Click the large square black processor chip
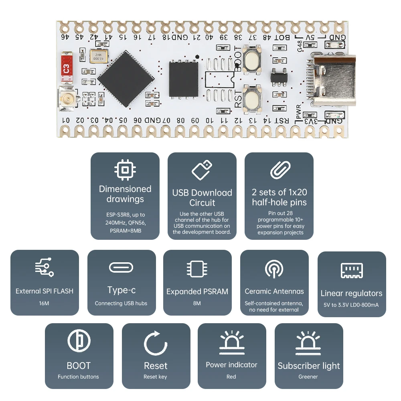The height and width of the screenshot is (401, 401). pos(126,76)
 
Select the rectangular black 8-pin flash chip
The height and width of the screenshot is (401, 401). pos(183,79)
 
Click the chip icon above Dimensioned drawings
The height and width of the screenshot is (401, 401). pos(125,170)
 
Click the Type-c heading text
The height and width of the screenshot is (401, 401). pos(121,290)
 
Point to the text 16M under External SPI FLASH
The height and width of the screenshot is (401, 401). pos(44,303)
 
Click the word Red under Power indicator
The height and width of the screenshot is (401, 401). pos(231,377)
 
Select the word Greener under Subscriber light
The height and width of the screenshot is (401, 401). pos(308,377)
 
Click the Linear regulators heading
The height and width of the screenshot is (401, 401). pos(351,293)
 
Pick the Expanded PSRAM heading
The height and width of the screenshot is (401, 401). pos(197,292)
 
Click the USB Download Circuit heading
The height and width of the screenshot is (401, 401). pos(202,198)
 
